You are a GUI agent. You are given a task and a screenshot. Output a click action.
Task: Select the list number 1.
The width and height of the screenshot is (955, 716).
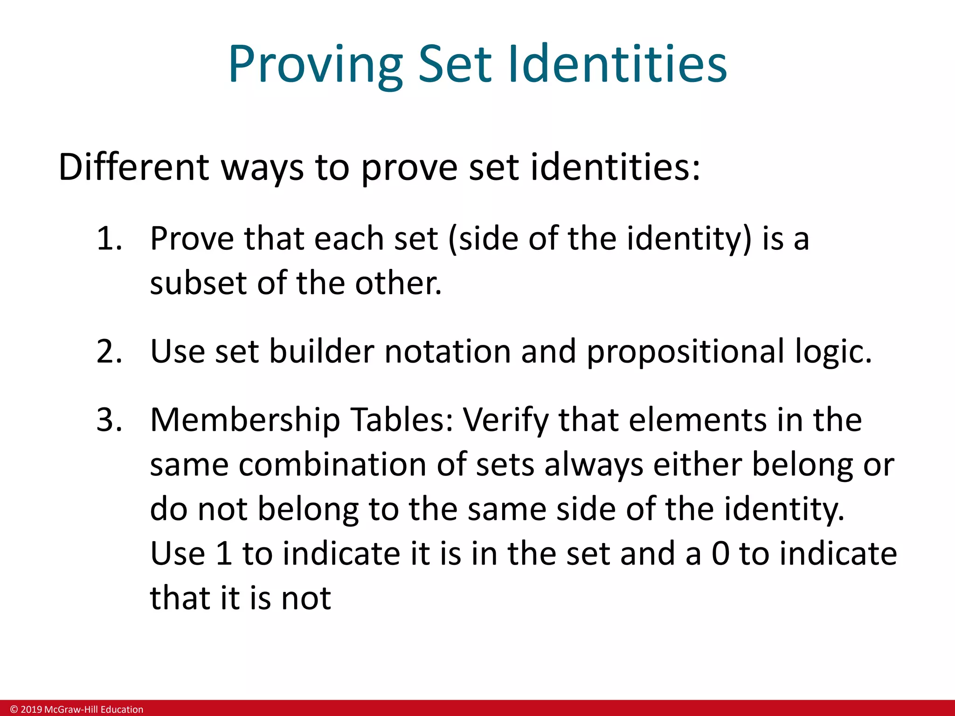[x=109, y=239]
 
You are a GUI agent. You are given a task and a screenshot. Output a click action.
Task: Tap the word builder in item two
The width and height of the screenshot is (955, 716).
[x=322, y=351]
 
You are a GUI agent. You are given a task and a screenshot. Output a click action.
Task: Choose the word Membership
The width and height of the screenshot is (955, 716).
[x=245, y=420]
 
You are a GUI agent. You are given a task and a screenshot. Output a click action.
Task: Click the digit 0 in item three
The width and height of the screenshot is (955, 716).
[x=720, y=554]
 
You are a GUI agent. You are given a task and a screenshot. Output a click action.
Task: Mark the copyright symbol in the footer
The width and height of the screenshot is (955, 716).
[x=14, y=709]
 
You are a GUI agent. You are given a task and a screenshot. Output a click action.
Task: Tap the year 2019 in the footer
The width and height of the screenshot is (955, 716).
[x=31, y=709]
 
